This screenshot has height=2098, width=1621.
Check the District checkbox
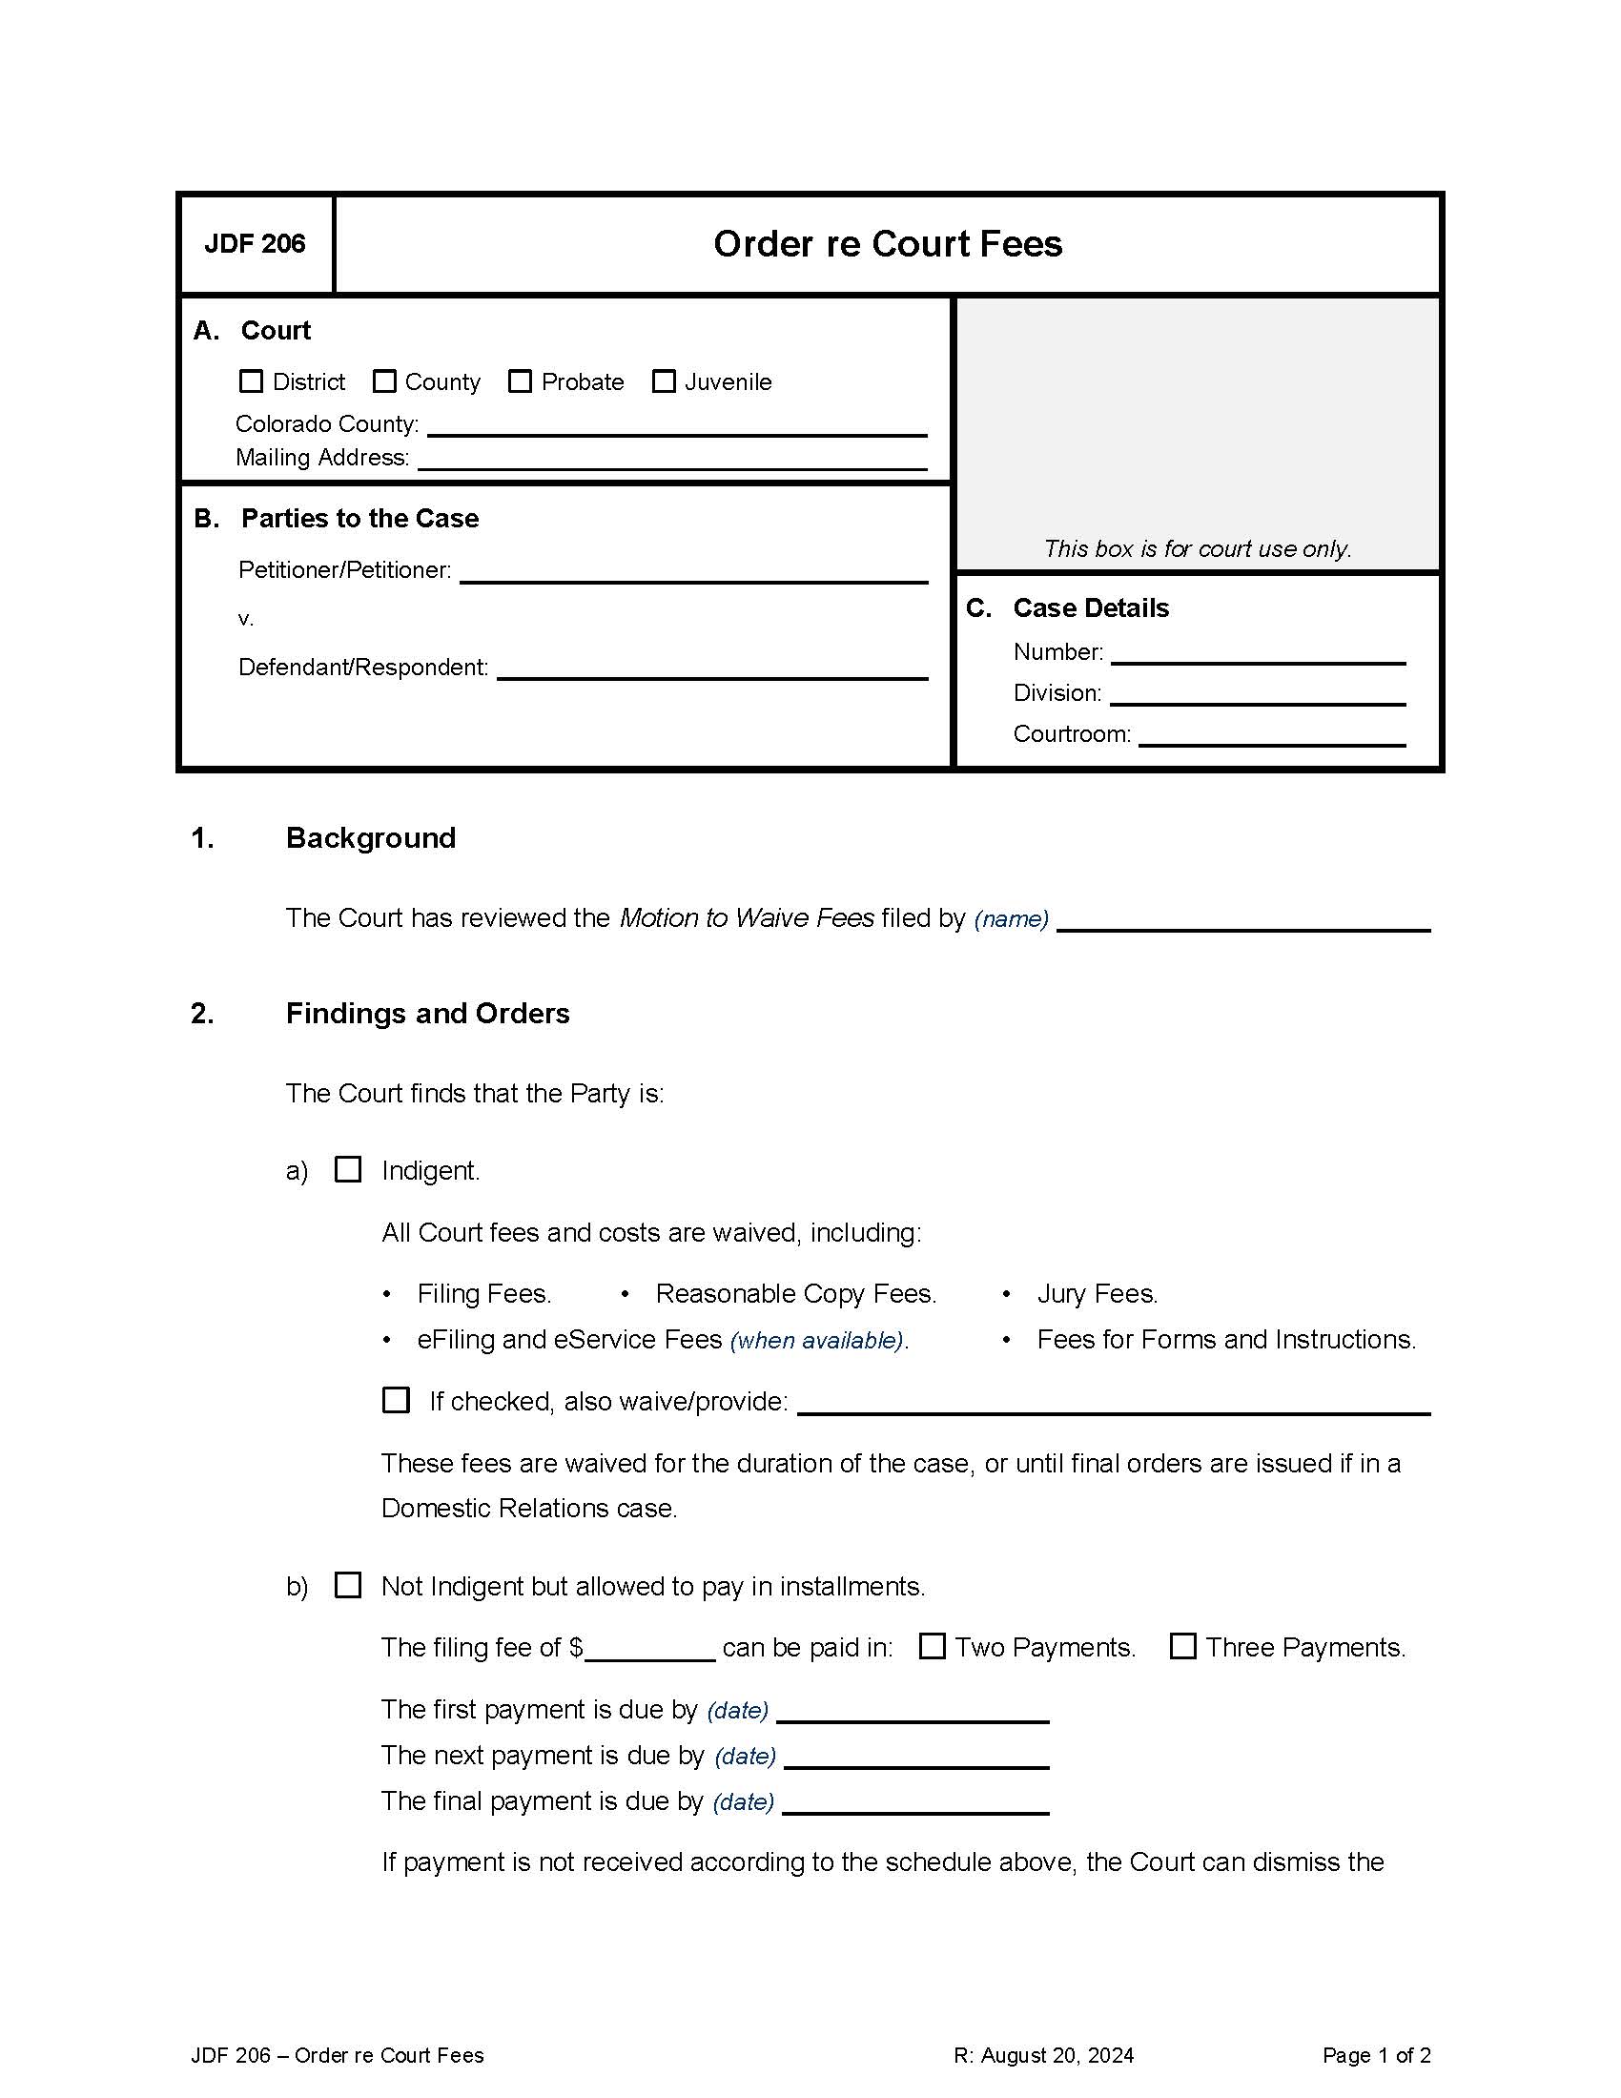click(x=251, y=381)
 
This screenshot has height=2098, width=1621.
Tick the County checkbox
click(x=384, y=381)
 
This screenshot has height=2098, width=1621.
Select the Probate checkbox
click(x=520, y=381)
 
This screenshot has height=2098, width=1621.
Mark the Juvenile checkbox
click(x=664, y=381)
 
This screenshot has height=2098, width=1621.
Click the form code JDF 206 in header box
click(x=255, y=244)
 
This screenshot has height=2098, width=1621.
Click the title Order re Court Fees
click(x=888, y=244)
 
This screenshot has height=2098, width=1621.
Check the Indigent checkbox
click(x=348, y=1169)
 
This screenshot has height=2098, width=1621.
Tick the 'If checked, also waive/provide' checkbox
click(x=396, y=1400)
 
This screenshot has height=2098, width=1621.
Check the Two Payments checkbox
click(x=932, y=1647)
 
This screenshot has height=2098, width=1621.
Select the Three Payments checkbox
click(x=1183, y=1647)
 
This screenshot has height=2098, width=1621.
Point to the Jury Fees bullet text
click(x=1097, y=1294)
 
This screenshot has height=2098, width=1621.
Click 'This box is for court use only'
click(x=1198, y=548)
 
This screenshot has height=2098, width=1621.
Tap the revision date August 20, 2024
click(x=1043, y=2056)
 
